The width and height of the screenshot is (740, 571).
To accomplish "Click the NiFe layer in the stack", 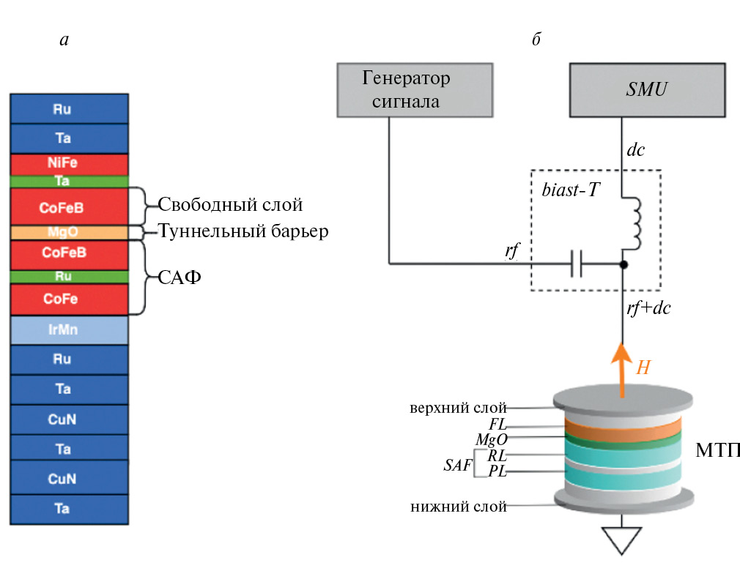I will (x=70, y=163).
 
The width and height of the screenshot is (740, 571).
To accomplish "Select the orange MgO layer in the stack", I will (x=70, y=232).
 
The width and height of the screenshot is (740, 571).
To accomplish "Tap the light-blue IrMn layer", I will (x=70, y=330).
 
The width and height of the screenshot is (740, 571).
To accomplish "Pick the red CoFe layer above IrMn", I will (x=70, y=299).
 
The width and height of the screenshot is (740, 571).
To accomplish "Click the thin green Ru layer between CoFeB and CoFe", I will (x=70, y=277).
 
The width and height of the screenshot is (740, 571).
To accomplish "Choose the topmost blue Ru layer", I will (x=70, y=109).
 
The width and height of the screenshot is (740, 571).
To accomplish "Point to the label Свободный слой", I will (x=230, y=204).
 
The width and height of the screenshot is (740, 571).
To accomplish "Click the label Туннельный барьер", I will (x=243, y=232).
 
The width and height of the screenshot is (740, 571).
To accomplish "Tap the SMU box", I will (x=648, y=89).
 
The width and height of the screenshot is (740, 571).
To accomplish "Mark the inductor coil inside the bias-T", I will (x=633, y=223).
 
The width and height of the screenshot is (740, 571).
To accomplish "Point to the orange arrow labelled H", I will (x=622, y=369).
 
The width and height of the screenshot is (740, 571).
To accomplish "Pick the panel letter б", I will (x=536, y=39).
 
